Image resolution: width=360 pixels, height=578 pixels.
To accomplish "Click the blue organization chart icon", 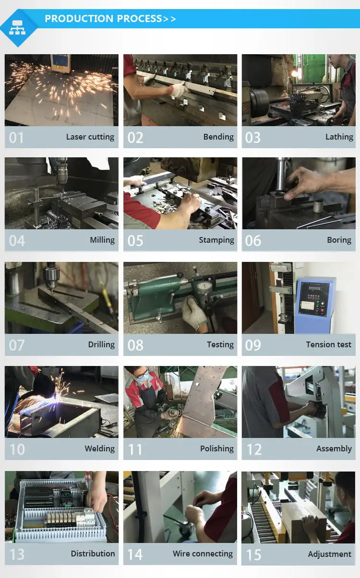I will [18, 28].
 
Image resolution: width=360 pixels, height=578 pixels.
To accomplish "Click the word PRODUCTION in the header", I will [72, 19].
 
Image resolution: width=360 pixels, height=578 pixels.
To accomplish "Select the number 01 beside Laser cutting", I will [16, 138].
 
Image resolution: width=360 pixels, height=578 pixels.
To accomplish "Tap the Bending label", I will [218, 137].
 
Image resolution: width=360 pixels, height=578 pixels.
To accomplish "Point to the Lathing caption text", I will [339, 137].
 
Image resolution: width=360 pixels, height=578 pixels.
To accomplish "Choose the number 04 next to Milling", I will [17, 241].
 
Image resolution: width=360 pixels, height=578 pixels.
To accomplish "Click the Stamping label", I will [216, 240].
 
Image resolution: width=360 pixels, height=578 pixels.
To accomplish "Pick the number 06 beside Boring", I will [253, 241].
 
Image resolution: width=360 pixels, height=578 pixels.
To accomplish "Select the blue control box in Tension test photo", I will [314, 298].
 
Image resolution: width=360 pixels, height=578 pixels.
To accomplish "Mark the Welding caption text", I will [99, 448].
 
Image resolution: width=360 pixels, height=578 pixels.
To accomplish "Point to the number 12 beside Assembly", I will [254, 449].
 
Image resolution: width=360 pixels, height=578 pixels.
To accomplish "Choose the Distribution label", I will [93, 553].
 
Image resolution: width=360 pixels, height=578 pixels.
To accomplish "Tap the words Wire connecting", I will [203, 553].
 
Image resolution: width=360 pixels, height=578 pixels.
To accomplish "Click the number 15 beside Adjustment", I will [253, 555].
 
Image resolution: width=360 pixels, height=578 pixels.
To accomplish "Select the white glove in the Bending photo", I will [180, 89].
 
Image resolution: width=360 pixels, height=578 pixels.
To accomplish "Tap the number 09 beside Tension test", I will [253, 345].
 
